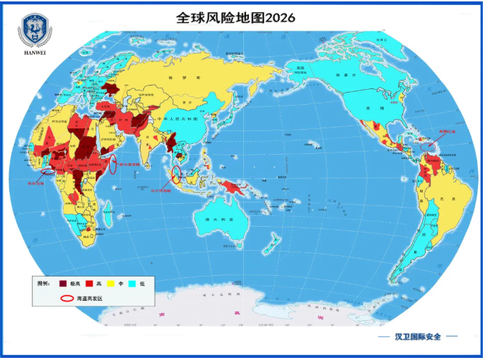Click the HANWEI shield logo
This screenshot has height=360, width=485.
pyautogui.click(x=34, y=29)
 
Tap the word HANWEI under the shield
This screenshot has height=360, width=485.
pyautogui.click(x=34, y=52)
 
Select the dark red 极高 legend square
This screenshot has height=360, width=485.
pyautogui.click(x=63, y=284)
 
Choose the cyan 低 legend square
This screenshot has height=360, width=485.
pyautogui.click(x=132, y=284)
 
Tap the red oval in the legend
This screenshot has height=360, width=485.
pyautogui.click(x=66, y=299)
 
